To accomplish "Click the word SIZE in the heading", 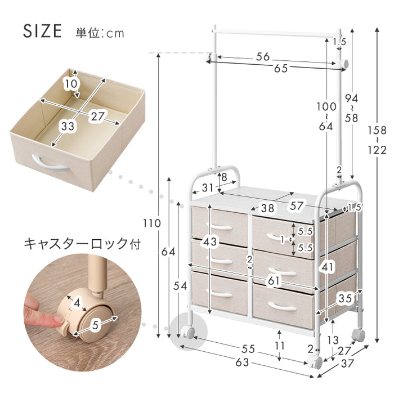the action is click(42, 31).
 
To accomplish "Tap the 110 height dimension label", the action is click(152, 223).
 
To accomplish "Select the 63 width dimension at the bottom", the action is click(242, 362).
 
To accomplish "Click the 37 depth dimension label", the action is click(347, 364).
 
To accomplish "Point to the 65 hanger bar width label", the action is click(281, 68).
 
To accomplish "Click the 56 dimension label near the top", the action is click(263, 57).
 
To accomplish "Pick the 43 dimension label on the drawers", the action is click(210, 241).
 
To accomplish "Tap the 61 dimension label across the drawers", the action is click(274, 281).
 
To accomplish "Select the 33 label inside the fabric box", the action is click(68, 126).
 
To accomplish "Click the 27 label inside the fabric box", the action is click(97, 117).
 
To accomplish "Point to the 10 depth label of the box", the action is click(71, 83).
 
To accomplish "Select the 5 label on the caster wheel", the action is click(95, 325).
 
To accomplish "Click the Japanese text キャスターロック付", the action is click(82, 244).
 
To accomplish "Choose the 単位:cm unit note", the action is click(100, 33).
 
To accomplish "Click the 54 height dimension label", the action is click(180, 286).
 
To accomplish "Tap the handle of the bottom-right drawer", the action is click(283, 306).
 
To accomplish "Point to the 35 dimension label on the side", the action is click(345, 298).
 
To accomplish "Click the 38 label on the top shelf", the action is click(267, 208).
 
